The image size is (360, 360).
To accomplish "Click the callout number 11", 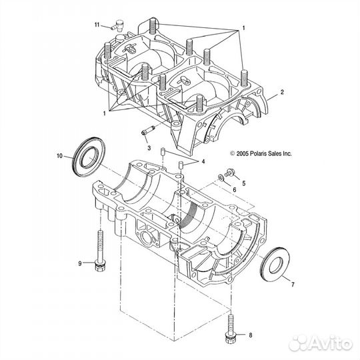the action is tap(97, 25).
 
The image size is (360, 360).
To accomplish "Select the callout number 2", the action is tap(282, 92).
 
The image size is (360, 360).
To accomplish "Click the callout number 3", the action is tap(149, 148).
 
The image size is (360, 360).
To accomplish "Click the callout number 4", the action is tap(203, 161).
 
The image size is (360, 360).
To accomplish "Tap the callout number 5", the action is tap(244, 183).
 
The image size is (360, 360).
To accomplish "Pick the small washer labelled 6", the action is tap(220, 177).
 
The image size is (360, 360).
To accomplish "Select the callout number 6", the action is tap(235, 189).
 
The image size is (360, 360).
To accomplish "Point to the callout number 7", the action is tap(293, 285).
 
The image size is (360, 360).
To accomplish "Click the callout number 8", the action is tap(251, 335).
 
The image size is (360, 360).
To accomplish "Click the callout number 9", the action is tap(80, 263).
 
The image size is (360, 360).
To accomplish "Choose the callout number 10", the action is tap(59, 156).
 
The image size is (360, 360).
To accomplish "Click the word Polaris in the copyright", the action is tap(258, 153).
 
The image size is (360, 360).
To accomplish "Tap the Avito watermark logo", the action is tap(321, 343).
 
